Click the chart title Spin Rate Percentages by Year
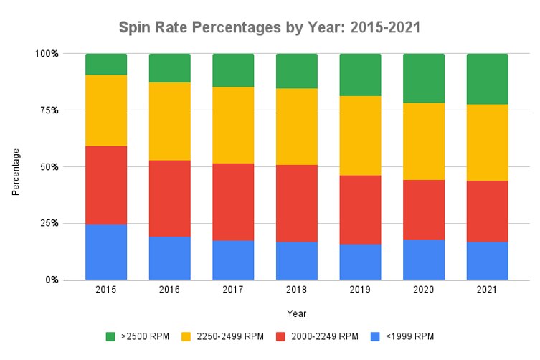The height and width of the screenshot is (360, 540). pyautogui.click(x=270, y=28)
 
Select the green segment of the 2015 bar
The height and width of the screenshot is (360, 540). pyautogui.click(x=106, y=64)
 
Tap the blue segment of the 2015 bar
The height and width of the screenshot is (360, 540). pyautogui.click(x=106, y=252)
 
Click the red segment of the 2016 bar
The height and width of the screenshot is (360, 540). pyautogui.click(x=169, y=198)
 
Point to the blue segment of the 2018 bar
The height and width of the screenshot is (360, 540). pyautogui.click(x=296, y=260)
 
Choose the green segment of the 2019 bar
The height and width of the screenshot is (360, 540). pyautogui.click(x=360, y=75)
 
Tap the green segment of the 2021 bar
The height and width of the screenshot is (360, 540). pyautogui.click(x=487, y=79)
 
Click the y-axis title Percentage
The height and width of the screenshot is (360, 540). pyautogui.click(x=15, y=172)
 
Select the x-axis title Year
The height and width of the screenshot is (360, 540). pyautogui.click(x=296, y=313)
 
